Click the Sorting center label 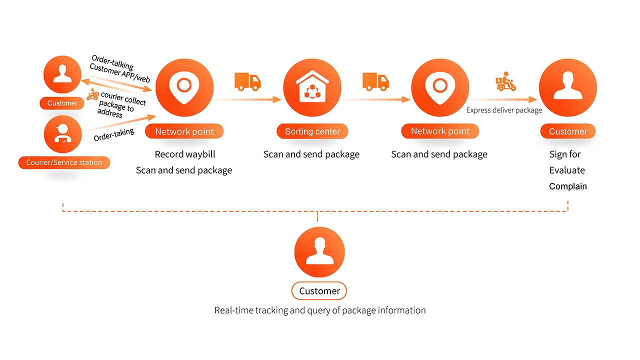pyautogui.click(x=312, y=131)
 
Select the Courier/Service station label pyautogui.click(x=64, y=162)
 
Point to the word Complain pyautogui.click(x=567, y=186)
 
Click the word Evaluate pyautogui.click(x=566, y=170)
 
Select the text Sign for pyautogui.click(x=564, y=154)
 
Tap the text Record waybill pyautogui.click(x=185, y=154)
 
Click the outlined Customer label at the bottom pyautogui.click(x=319, y=291)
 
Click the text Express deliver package pyautogui.click(x=504, y=110)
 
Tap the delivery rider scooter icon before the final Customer pyautogui.click(x=505, y=81)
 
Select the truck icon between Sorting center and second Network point pyautogui.click(x=375, y=81)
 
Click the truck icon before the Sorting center pyautogui.click(x=247, y=81)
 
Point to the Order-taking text pyautogui.click(x=114, y=134)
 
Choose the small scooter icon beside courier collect pyautogui.click(x=92, y=95)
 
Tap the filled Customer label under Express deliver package pyautogui.click(x=567, y=131)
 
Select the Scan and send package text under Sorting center pyautogui.click(x=311, y=154)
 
